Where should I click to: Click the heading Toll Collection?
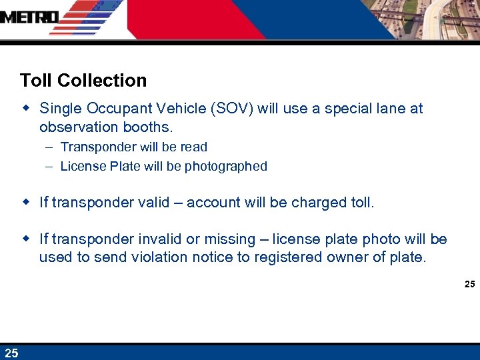pyautogui.click(x=83, y=81)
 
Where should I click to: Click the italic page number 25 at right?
pyautogui.click(x=469, y=285)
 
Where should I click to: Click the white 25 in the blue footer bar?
pyautogui.click(x=11, y=353)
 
